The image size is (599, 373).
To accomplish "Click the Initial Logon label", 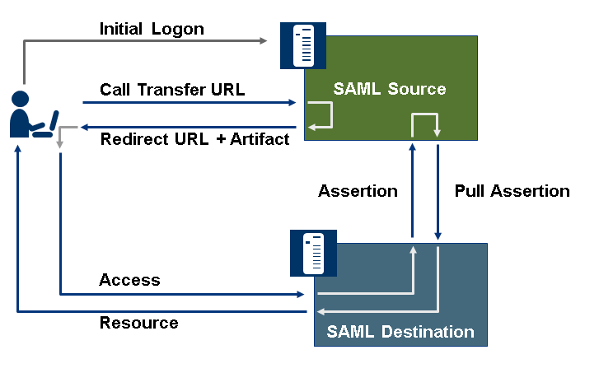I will click(x=152, y=29).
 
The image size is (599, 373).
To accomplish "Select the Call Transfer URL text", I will click(x=172, y=89).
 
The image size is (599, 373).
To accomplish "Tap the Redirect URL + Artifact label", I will click(x=194, y=138).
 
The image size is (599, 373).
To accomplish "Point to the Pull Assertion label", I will click(x=512, y=191).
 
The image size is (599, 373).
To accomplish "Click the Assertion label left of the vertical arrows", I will click(x=358, y=191).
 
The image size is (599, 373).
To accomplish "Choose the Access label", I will click(x=129, y=280).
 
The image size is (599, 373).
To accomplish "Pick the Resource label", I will click(x=138, y=323).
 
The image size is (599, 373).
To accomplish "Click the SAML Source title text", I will click(x=390, y=89).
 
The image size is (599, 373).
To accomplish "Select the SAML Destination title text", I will click(x=400, y=333).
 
